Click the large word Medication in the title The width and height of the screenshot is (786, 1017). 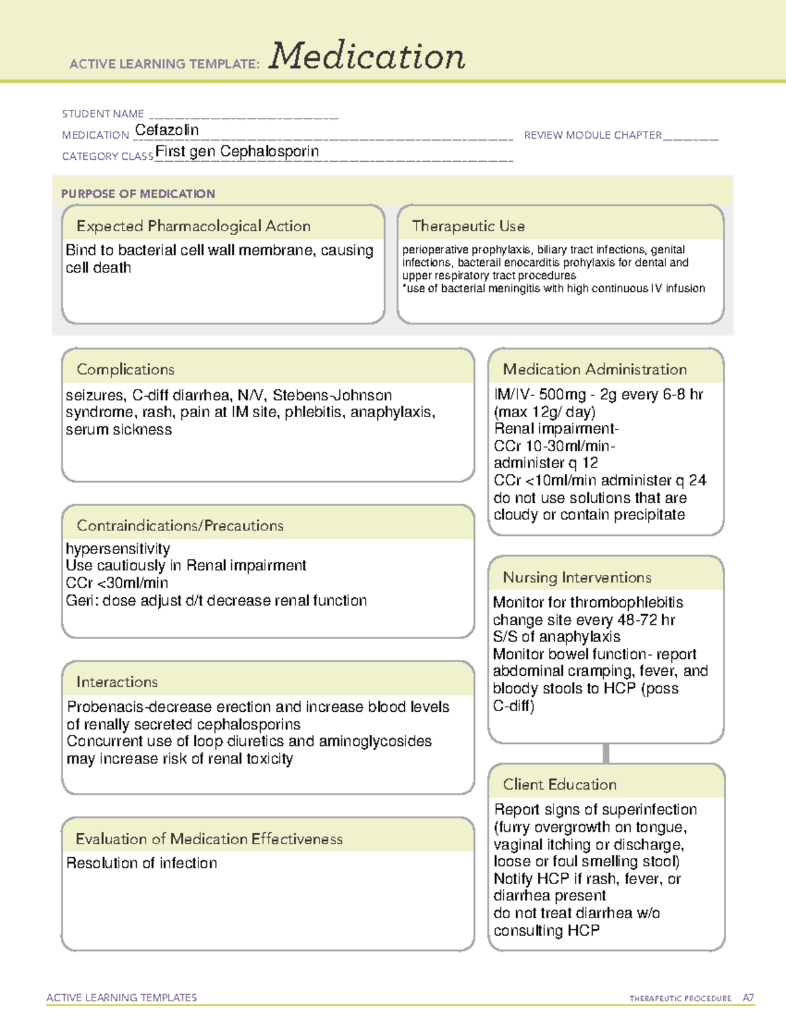click(367, 56)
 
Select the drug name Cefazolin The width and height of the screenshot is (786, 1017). click(167, 130)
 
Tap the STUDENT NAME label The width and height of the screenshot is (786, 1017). click(103, 114)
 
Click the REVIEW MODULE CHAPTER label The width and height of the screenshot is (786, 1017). click(593, 135)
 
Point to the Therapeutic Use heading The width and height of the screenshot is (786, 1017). click(468, 226)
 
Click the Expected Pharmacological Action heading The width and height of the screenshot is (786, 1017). click(193, 226)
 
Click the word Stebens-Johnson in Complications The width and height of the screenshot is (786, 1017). click(332, 396)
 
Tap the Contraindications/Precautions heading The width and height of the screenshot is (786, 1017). click(180, 526)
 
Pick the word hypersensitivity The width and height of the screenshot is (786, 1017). click(118, 549)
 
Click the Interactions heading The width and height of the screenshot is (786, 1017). click(117, 682)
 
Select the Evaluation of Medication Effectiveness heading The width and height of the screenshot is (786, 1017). click(209, 839)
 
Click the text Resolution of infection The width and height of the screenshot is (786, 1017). click(141, 863)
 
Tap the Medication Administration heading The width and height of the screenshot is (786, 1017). click(595, 369)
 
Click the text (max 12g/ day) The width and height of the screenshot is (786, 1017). click(544, 412)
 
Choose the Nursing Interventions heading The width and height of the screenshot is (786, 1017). click(577, 578)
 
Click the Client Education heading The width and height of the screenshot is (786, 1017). click(559, 785)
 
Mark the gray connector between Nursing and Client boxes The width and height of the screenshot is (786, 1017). click(606, 753)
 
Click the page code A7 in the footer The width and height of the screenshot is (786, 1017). click(748, 998)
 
